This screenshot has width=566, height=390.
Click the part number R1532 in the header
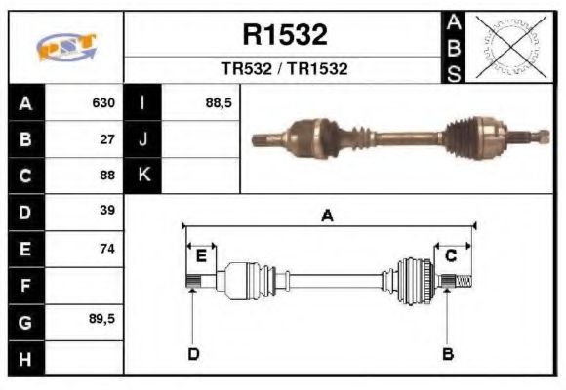pyautogui.click(x=284, y=36)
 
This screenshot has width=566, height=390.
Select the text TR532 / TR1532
pyautogui.click(x=284, y=69)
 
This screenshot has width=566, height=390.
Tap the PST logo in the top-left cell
pyautogui.click(x=66, y=47)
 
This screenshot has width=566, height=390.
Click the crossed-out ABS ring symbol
pyautogui.click(x=506, y=46)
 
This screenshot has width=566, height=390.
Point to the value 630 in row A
pyautogui.click(x=103, y=102)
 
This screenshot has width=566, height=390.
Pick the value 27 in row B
pyautogui.click(x=107, y=138)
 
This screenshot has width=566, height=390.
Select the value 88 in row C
pyautogui.click(x=107, y=175)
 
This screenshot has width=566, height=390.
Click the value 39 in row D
pyautogui.click(x=107, y=211)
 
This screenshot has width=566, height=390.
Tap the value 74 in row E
pyautogui.click(x=107, y=249)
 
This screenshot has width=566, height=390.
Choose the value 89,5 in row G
pyautogui.click(x=102, y=319)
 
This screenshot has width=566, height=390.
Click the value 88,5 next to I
pyautogui.click(x=219, y=102)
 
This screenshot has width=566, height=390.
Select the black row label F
pyautogui.click(x=25, y=286)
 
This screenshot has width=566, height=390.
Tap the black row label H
pyautogui.click(x=25, y=359)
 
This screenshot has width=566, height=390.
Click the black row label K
pyautogui.click(x=143, y=175)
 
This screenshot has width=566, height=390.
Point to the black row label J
pyautogui.click(x=143, y=139)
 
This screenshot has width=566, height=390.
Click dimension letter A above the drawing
pyautogui.click(x=328, y=215)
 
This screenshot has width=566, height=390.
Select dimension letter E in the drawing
pyautogui.click(x=201, y=255)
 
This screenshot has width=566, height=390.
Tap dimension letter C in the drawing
pyautogui.click(x=451, y=255)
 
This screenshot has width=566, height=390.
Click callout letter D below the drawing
pyautogui.click(x=193, y=353)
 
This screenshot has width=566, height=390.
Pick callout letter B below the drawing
pyautogui.click(x=448, y=353)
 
